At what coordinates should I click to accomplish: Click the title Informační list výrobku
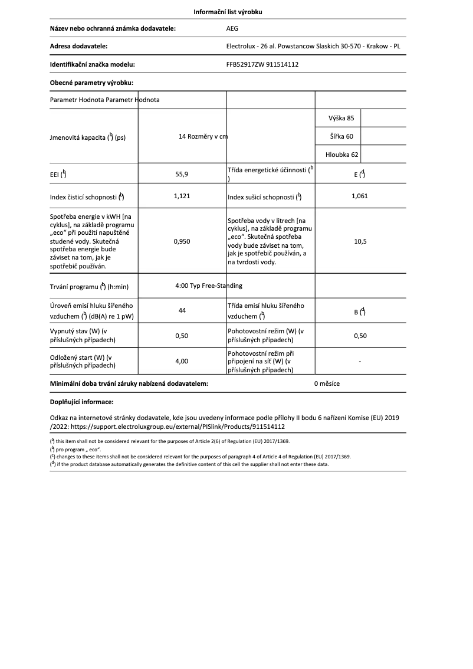click(236, 12)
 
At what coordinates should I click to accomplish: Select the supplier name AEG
click(233, 28)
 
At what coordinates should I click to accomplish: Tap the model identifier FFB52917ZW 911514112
click(262, 64)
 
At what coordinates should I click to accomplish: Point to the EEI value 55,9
click(182, 174)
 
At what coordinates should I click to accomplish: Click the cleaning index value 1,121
click(182, 196)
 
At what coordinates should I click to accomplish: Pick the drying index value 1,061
click(359, 196)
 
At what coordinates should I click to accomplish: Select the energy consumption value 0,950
click(182, 241)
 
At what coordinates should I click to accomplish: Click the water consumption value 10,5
click(360, 241)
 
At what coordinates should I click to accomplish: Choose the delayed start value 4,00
click(182, 361)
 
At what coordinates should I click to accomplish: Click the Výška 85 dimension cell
click(341, 119)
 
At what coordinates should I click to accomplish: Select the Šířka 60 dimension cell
click(341, 137)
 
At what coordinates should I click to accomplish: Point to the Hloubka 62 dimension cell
click(341, 155)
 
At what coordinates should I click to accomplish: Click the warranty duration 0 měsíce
click(327, 383)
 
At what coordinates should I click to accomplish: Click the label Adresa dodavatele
click(78, 46)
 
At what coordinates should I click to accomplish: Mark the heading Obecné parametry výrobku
click(91, 83)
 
